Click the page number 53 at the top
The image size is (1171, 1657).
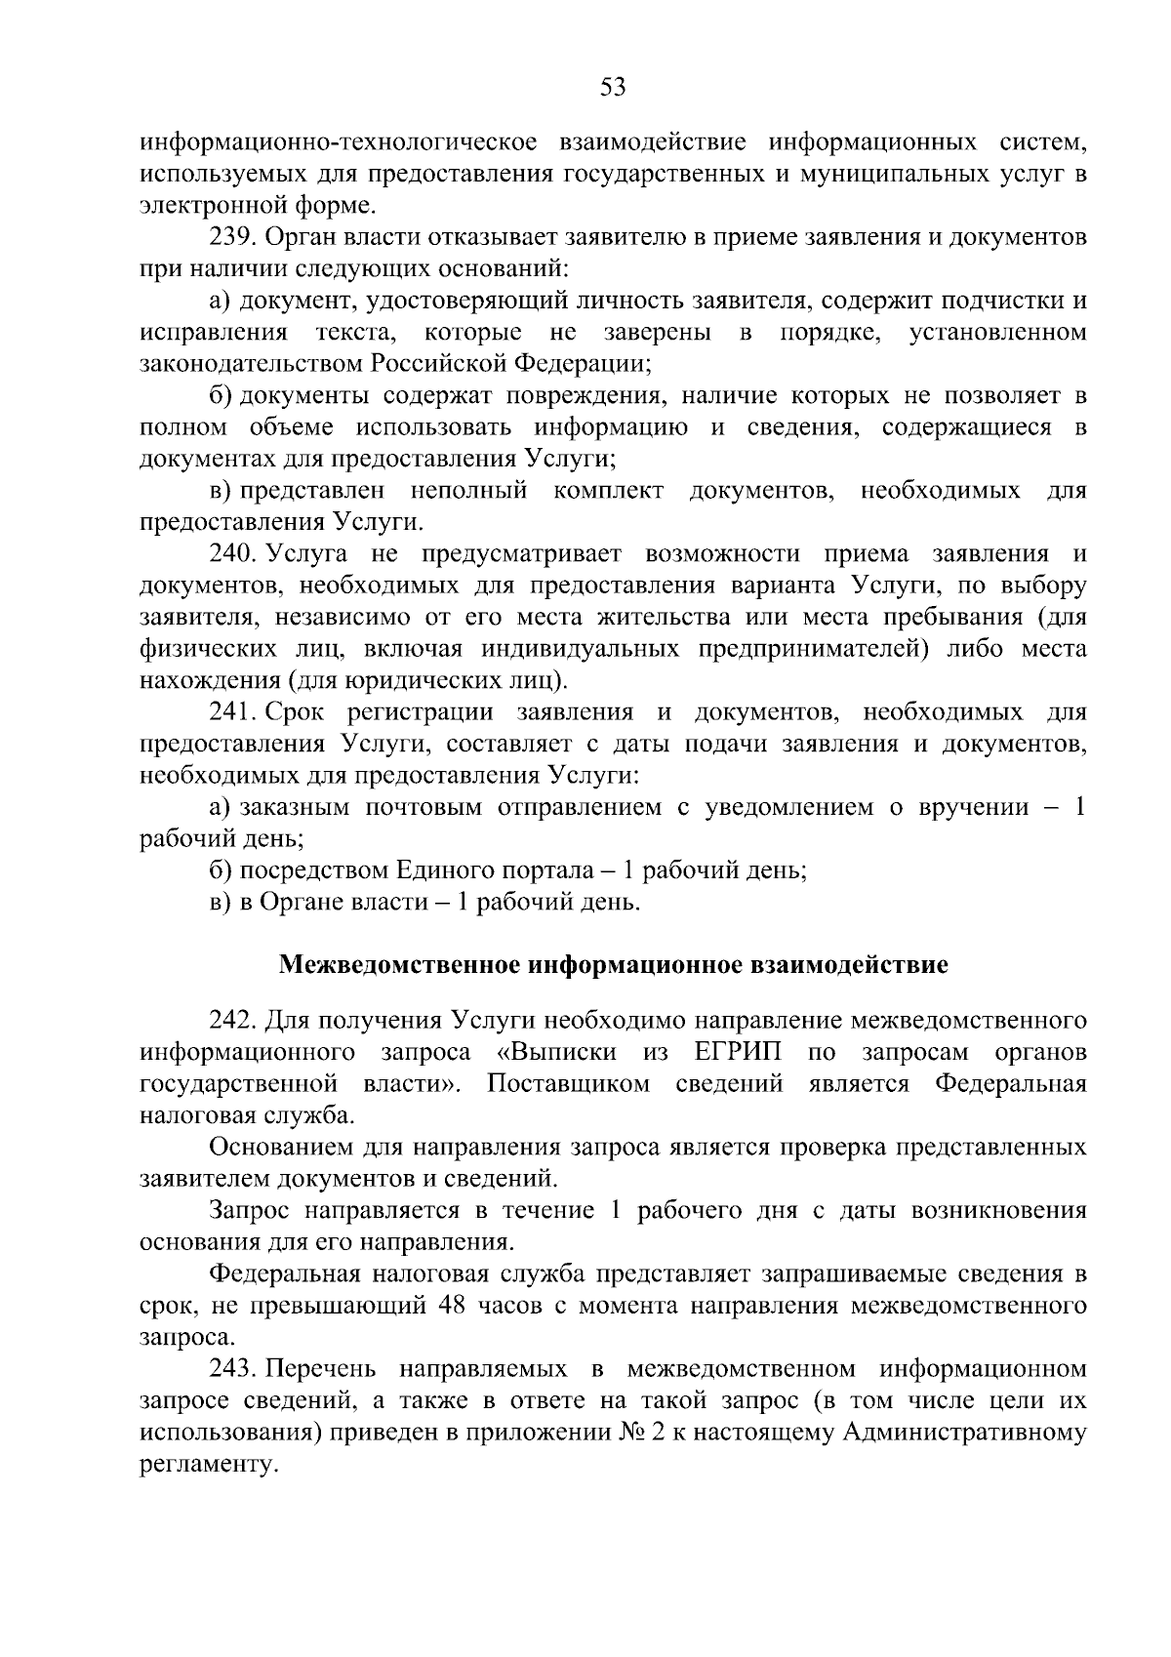pyautogui.click(x=612, y=88)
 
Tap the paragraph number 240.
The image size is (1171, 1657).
pyautogui.click(x=230, y=554)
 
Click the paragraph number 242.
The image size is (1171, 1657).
pyautogui.click(x=230, y=1021)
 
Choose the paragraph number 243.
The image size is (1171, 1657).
pyautogui.click(x=230, y=1369)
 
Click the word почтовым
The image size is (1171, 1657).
pyautogui.click(x=424, y=807)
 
